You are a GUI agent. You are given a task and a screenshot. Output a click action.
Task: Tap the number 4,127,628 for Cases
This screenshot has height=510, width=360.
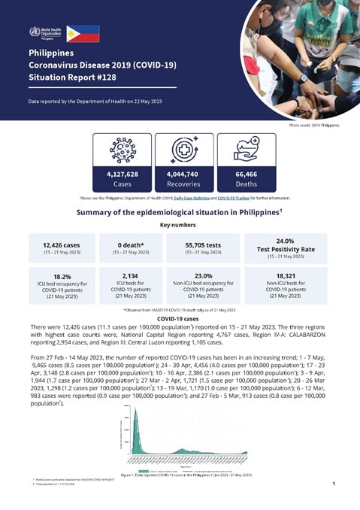point(122,174)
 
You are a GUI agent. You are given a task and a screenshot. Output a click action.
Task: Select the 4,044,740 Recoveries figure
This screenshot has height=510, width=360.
point(183,174)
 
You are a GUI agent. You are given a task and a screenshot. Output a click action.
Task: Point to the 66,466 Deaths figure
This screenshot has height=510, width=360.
point(246,174)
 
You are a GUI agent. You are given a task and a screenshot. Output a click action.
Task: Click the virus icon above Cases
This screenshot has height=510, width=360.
point(122,150)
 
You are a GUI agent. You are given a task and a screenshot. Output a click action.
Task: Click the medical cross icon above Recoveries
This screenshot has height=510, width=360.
point(183,150)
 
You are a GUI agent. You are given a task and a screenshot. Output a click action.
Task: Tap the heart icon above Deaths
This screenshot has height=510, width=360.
point(246,150)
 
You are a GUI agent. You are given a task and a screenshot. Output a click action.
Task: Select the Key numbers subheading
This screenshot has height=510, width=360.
point(180,225)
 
